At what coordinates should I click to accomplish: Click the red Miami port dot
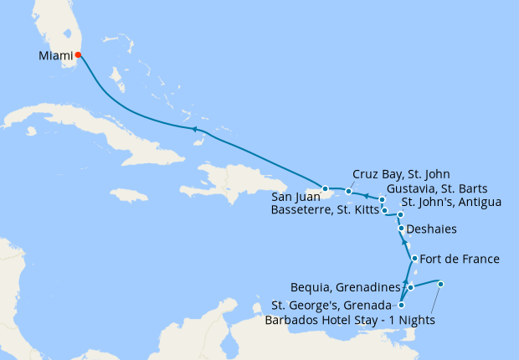(x=78, y=55)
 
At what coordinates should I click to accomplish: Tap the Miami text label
(x=54, y=56)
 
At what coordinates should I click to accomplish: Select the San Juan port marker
(x=325, y=188)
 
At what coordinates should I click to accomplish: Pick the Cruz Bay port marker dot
(x=349, y=192)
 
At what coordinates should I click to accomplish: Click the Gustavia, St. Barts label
(x=432, y=188)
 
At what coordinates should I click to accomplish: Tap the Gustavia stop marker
(x=382, y=199)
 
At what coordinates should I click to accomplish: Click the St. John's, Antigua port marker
(x=401, y=215)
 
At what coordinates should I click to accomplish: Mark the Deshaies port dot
(x=402, y=229)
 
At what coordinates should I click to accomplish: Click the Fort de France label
(x=459, y=260)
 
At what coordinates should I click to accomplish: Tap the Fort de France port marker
(x=414, y=259)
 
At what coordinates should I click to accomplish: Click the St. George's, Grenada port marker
(x=402, y=306)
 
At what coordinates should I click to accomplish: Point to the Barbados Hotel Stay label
(x=349, y=320)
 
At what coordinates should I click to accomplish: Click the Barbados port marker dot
(x=440, y=285)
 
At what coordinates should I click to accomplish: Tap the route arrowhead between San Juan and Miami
(x=193, y=129)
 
